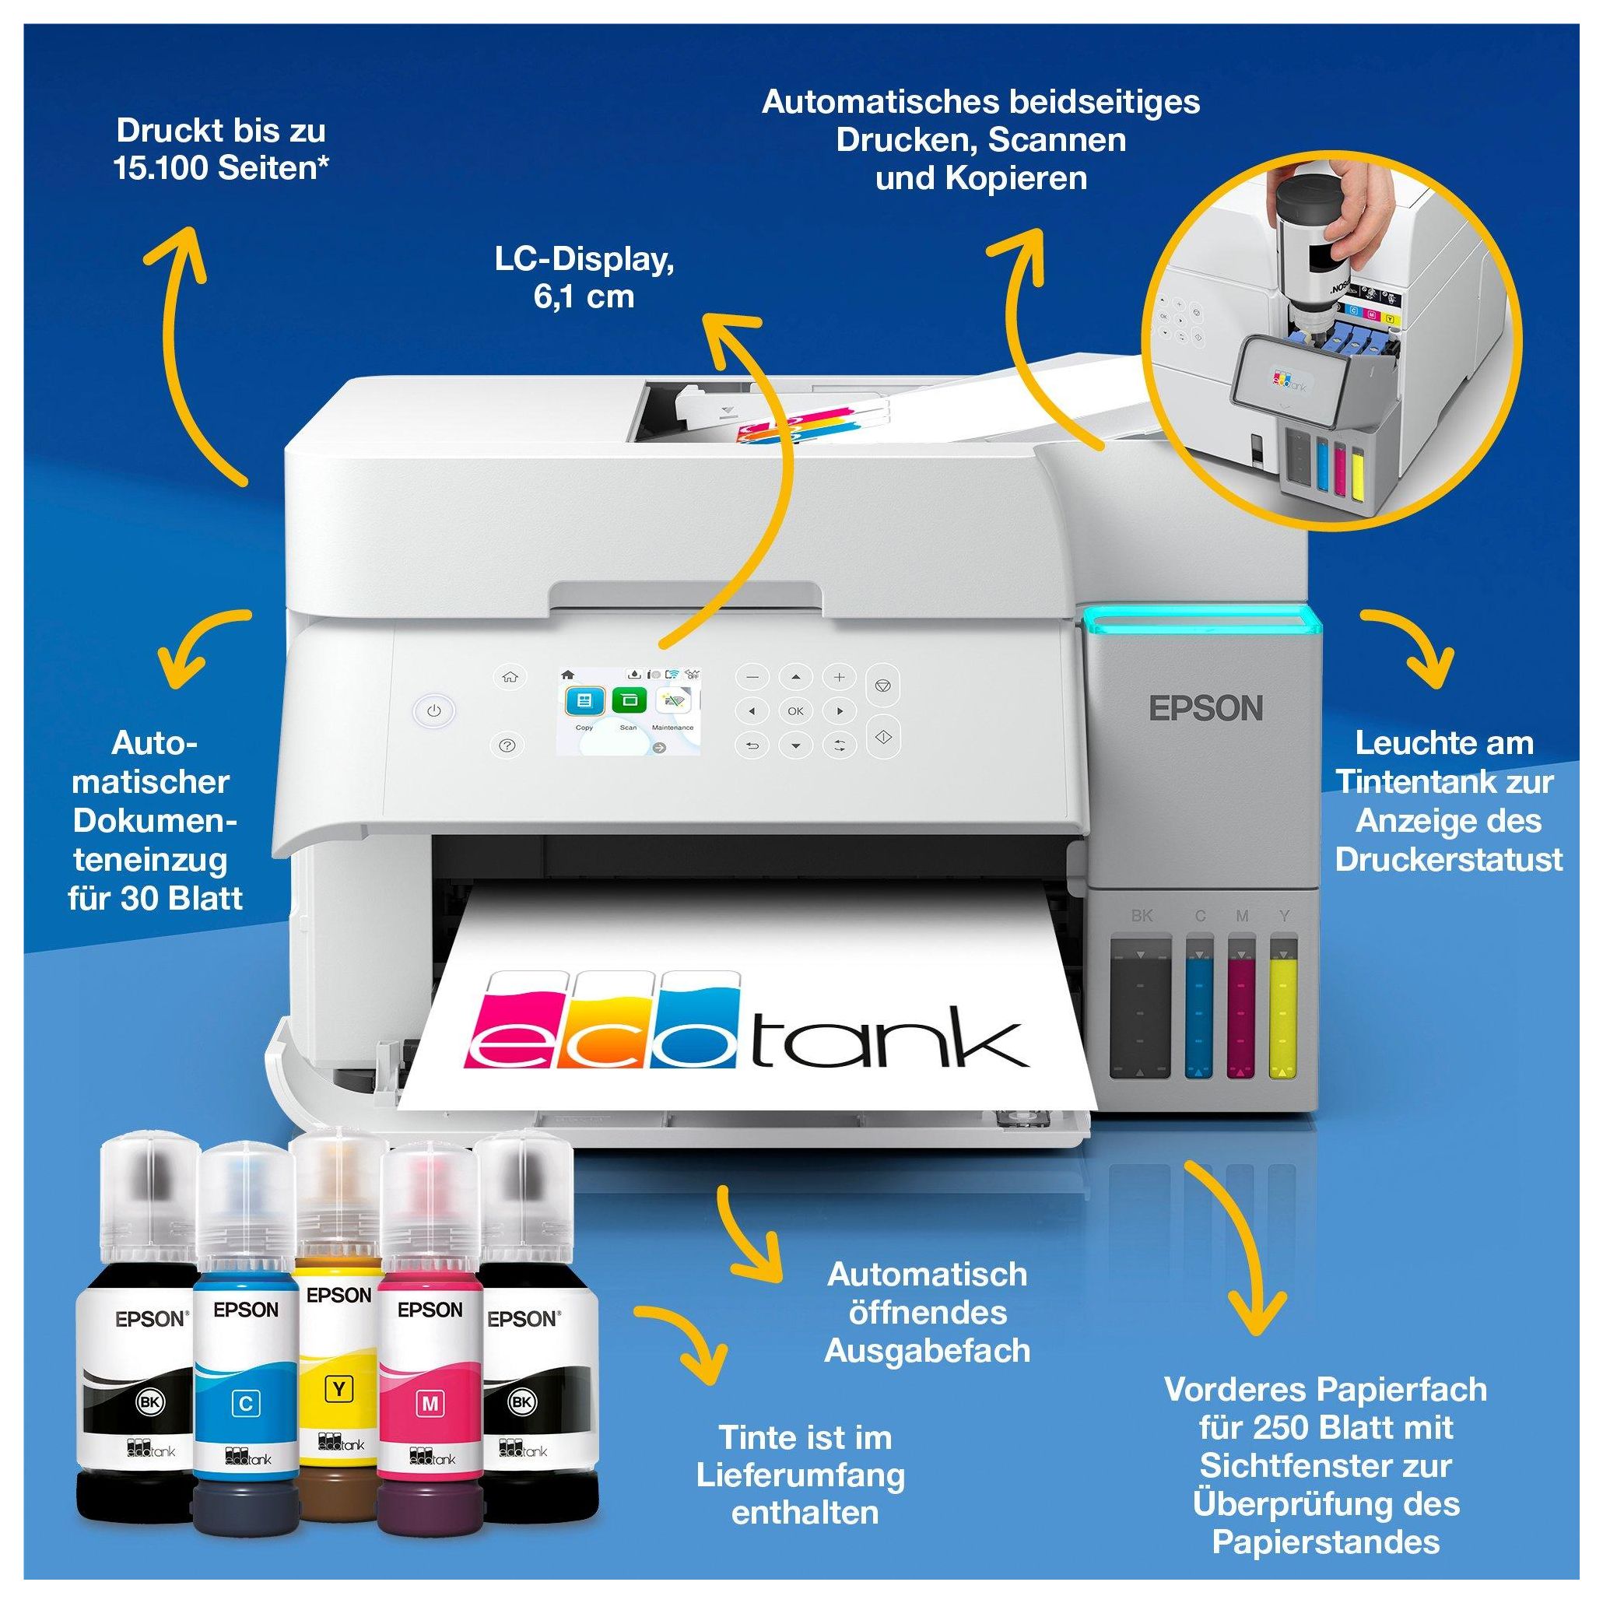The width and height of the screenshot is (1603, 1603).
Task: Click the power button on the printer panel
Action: coord(433,711)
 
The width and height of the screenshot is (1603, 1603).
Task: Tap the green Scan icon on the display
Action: coord(629,701)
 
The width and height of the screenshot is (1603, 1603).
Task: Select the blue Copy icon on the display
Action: coord(584,701)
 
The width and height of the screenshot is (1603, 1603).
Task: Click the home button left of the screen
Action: coord(510,677)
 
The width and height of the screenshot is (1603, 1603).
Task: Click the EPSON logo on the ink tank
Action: coord(1205,709)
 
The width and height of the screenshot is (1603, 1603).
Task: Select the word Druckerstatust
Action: coord(1449,860)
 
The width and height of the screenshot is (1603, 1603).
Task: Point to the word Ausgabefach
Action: coord(927,1351)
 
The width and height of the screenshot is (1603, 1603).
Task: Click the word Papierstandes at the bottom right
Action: coord(1325,1542)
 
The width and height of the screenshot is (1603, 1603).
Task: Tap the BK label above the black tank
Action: coord(1142,916)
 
